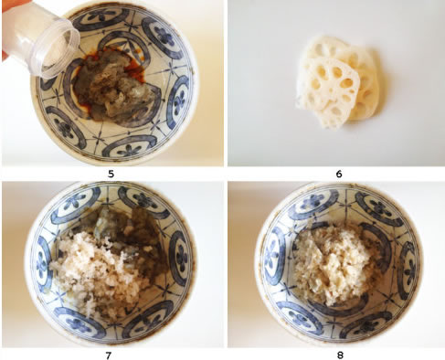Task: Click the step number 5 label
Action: [111, 174]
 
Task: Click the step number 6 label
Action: [339, 174]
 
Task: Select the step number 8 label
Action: [340, 355]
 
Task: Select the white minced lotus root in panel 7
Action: [98, 268]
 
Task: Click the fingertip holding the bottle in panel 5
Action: [5, 57]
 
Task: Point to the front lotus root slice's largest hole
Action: [347, 83]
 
